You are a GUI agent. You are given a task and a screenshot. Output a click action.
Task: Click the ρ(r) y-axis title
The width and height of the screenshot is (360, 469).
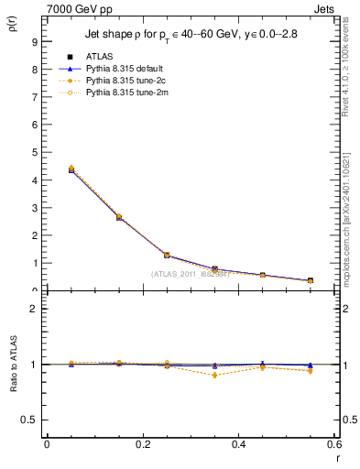coord(11,27)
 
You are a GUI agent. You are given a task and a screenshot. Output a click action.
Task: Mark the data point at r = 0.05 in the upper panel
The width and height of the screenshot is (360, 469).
coord(70,170)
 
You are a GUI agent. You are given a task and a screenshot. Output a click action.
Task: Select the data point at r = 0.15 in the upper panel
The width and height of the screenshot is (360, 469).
coord(118,217)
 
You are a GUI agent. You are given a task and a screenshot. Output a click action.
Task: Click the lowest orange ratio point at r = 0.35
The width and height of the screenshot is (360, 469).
coord(214,376)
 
